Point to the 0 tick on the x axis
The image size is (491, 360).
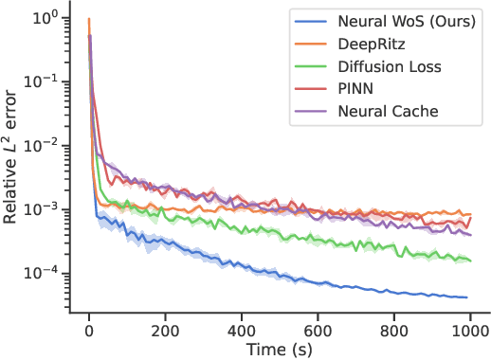coord(89,333)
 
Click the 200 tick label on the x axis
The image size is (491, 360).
coord(166,333)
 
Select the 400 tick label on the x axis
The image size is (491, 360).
coord(243,333)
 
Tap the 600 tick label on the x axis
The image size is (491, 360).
coord(318,333)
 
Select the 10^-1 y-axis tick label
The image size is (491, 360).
coord(42,81)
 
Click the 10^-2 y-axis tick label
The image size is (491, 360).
coord(42,145)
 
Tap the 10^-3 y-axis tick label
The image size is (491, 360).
coord(42,209)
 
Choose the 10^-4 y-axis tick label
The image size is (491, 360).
coord(42,273)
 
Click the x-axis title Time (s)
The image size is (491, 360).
coord(279,351)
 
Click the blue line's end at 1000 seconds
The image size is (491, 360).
coord(468,297)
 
